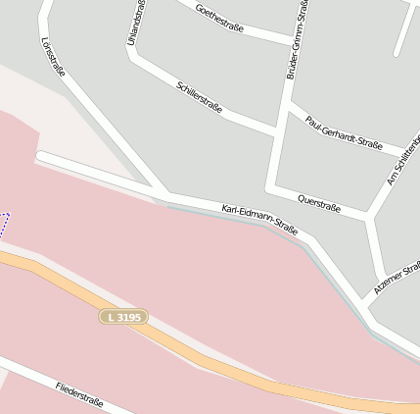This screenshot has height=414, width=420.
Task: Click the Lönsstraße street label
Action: tap(54, 58)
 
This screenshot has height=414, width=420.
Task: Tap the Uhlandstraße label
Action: tap(136, 23)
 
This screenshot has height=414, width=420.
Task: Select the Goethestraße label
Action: tap(219, 19)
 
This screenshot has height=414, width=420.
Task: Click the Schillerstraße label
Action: tap(199, 98)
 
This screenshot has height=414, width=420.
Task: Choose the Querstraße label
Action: tap(318, 201)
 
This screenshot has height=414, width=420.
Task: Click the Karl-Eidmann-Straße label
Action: tap(259, 220)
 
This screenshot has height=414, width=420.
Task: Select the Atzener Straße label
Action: tap(397, 279)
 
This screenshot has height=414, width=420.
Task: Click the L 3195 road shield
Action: tap(124, 317)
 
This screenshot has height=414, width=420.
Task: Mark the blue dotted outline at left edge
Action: tap(5, 225)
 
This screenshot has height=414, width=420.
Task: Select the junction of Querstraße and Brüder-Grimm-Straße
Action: tap(271, 185)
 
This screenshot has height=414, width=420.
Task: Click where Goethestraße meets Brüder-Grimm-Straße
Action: tap(292, 43)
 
